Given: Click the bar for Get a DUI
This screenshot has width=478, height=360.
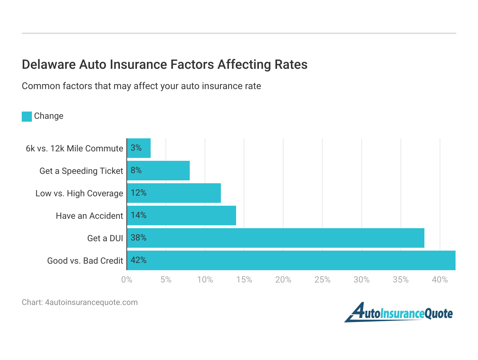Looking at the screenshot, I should coord(275,238).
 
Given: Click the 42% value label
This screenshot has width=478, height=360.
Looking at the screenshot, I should coord(138,260).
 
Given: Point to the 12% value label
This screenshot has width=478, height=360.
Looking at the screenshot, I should coord(138,193).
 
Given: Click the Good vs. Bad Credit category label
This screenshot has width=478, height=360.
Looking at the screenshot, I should coord(85,261).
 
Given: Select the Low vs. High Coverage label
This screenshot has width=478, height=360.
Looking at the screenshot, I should coord(79,193).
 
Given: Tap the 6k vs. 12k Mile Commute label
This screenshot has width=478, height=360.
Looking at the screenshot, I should coord(74,148).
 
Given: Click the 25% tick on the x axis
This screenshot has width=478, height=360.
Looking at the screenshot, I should coord(322,280).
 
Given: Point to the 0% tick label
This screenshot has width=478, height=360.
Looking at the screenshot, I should coord(127,280).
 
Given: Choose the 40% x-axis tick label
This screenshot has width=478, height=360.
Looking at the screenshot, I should coord(440,280).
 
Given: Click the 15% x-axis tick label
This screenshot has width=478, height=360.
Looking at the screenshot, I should coord(244,280).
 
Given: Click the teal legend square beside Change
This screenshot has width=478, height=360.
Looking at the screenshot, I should coord(27,116).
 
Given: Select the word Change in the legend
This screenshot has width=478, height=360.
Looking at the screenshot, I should coord(49,116).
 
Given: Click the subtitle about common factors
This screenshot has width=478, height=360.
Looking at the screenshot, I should coord(141,86).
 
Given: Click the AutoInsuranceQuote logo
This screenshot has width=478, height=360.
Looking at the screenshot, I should coord(398,313).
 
